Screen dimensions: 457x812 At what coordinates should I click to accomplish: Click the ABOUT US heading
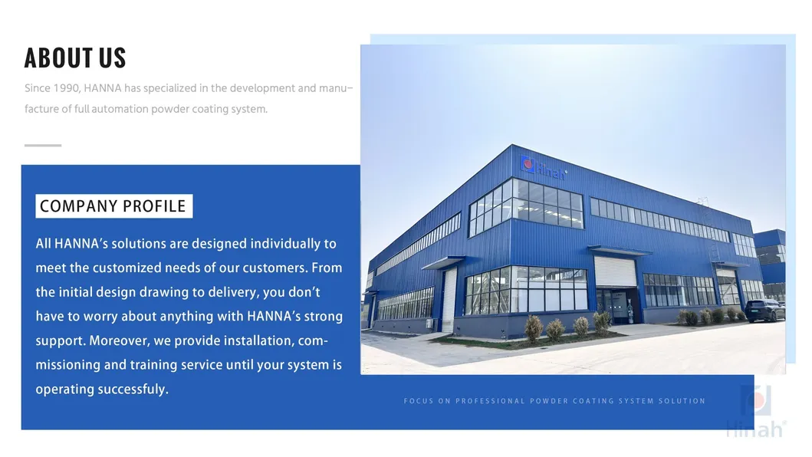(x=75, y=58)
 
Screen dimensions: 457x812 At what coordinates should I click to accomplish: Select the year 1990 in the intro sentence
(x=67, y=88)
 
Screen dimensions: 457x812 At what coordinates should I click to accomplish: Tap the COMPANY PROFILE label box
(x=113, y=206)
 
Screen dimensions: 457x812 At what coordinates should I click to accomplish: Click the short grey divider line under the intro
(x=43, y=145)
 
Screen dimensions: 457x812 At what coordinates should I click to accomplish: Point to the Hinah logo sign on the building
(x=544, y=166)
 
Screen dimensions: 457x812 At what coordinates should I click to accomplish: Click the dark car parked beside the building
(x=764, y=311)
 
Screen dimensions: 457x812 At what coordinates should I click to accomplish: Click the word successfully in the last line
(x=132, y=390)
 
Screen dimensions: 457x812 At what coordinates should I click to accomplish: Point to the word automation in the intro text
(x=120, y=109)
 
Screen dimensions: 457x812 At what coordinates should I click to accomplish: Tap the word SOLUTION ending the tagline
(x=682, y=401)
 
